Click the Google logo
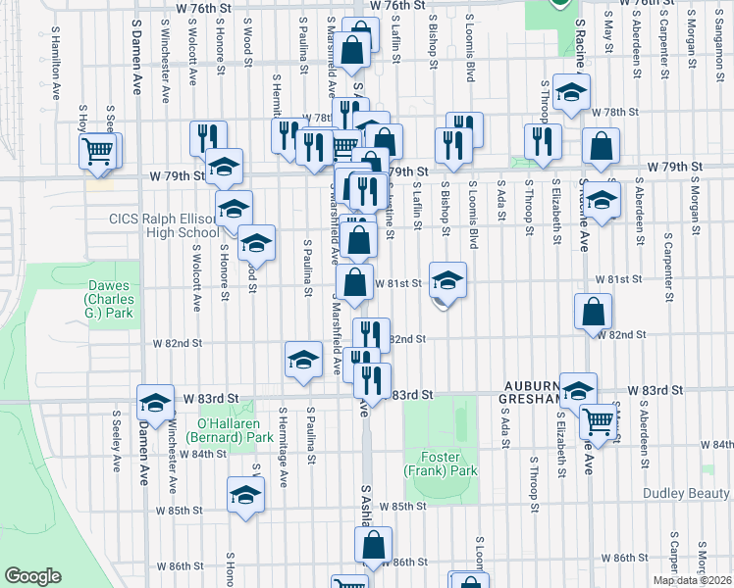[x=33, y=576]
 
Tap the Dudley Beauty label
[x=687, y=494]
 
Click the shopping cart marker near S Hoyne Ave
[x=98, y=150]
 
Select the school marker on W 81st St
[x=447, y=282]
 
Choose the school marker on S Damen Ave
[x=154, y=402]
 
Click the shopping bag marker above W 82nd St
[x=594, y=313]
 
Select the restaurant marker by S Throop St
[x=543, y=142]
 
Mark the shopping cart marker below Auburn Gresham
[x=599, y=422]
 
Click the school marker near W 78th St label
[x=569, y=93]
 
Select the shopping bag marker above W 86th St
[x=373, y=546]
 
